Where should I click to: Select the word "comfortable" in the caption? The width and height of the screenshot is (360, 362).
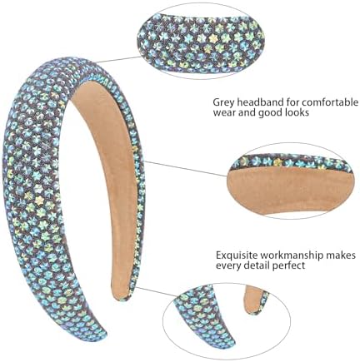click(331, 102)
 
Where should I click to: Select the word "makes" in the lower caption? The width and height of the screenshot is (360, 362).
click(338, 255)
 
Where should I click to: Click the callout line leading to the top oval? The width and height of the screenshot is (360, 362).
click(118, 59)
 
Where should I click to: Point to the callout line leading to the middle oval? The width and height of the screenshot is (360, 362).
click(185, 169)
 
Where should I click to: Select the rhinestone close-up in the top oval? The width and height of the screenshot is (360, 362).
click(201, 42)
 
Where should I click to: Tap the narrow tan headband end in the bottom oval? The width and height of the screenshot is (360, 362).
click(256, 300)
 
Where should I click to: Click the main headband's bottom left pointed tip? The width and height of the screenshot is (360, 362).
click(102, 338)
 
